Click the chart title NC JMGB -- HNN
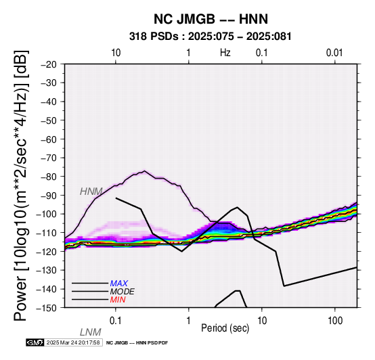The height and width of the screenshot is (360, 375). (211, 19)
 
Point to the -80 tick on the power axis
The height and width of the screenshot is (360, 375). (49, 177)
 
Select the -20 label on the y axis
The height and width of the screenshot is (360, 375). (49, 64)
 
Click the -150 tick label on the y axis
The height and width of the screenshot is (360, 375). (47, 308)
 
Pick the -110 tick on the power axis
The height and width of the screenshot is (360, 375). (47, 233)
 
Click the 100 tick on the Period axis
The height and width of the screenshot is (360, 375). (335, 321)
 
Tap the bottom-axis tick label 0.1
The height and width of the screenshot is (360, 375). (116, 321)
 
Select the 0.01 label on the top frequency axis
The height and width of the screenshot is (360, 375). (334, 53)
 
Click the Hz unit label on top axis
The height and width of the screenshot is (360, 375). (225, 53)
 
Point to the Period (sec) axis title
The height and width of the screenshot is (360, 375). (225, 328)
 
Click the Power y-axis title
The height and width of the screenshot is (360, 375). (21, 185)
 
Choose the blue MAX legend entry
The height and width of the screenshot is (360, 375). (119, 284)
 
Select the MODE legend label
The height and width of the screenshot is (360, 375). (123, 292)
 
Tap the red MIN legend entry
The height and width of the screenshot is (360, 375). (118, 300)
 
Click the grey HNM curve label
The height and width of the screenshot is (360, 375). (91, 192)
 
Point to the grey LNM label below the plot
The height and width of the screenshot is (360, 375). (91, 332)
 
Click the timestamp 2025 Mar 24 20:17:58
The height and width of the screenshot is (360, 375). (73, 342)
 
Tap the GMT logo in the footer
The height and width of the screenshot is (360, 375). (35, 342)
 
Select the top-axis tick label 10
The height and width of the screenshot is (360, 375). (116, 53)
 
